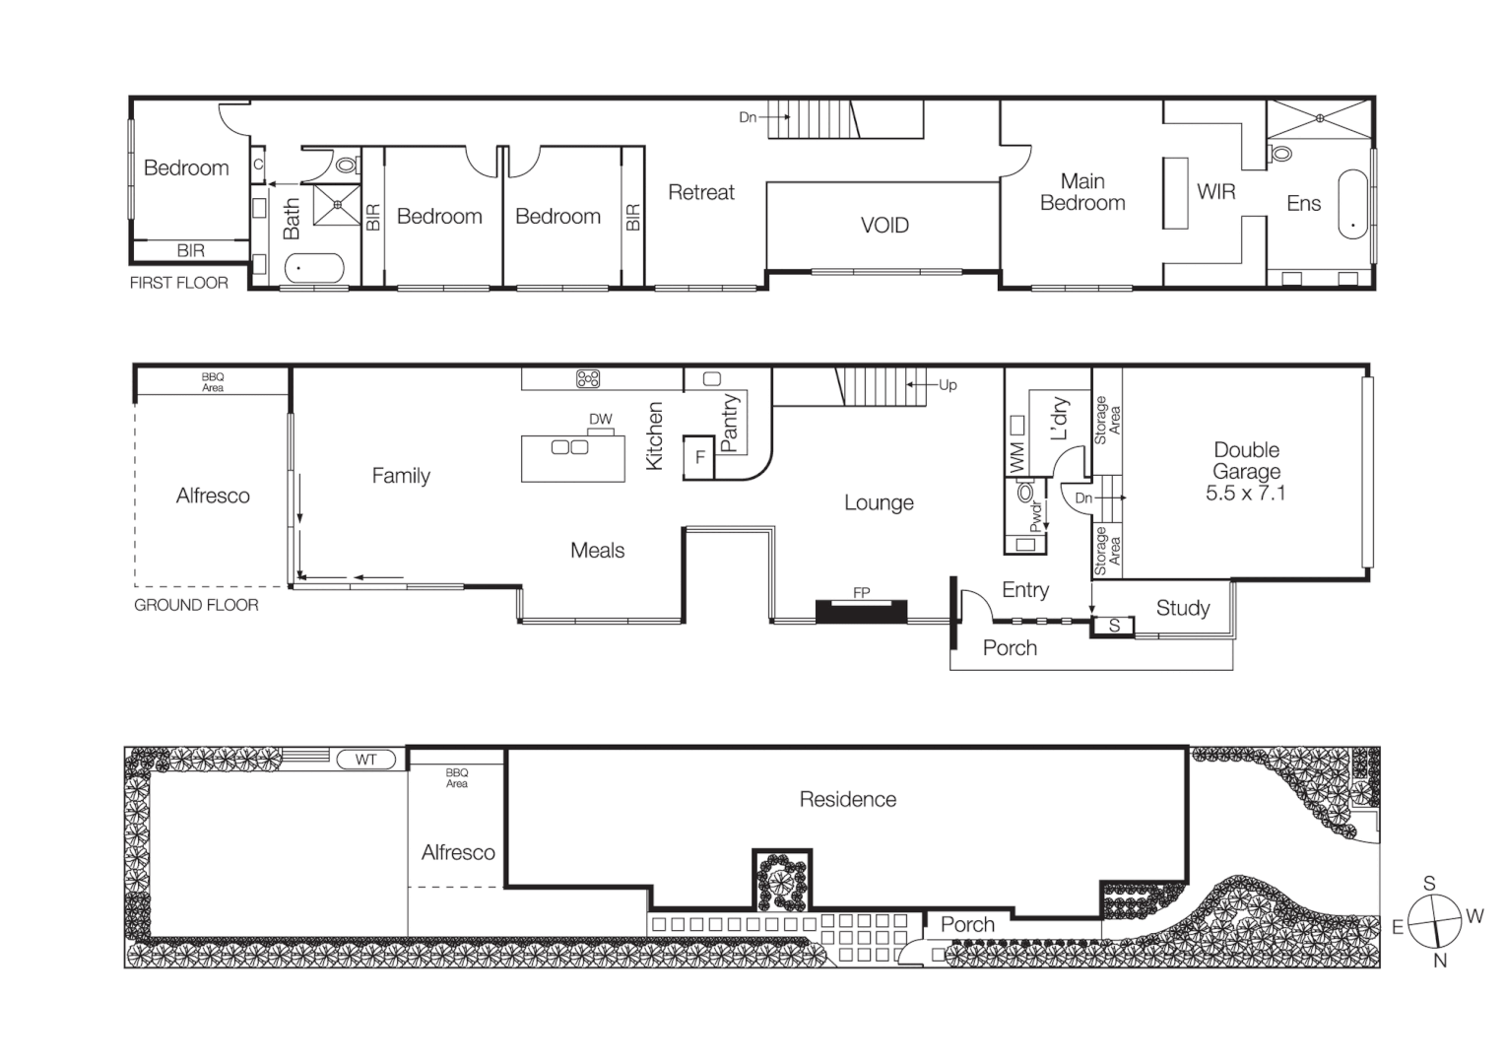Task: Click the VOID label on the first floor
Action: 884,226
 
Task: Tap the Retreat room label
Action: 700,193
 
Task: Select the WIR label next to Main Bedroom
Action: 1215,192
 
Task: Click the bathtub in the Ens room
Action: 1352,205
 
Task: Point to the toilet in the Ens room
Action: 1280,154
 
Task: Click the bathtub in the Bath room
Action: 314,268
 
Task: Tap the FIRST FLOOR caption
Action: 178,283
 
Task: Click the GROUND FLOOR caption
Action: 196,605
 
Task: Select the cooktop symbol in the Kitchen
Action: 588,378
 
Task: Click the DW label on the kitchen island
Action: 600,420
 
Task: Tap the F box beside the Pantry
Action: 699,457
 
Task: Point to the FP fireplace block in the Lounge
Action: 861,610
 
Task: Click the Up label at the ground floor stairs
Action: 948,385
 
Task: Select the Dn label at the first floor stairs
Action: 748,117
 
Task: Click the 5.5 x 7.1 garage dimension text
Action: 1245,494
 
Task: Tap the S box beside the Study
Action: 1114,626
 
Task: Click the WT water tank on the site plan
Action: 365,760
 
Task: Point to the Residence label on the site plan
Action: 847,799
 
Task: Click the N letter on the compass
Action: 1439,961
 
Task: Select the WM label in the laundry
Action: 1017,455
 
